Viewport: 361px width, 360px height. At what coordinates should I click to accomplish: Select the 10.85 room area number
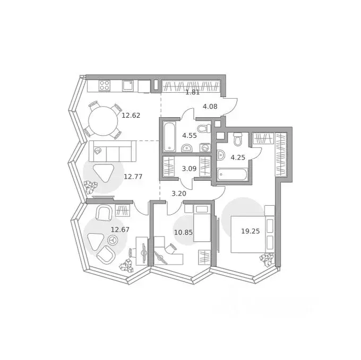[183, 232]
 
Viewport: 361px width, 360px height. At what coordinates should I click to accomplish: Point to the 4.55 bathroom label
[190, 135]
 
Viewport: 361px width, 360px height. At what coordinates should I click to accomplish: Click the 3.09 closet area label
[190, 169]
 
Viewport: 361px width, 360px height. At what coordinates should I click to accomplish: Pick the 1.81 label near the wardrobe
[193, 92]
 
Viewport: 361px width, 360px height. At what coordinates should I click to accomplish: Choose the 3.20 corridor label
[179, 194]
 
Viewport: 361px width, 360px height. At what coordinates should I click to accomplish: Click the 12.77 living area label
[133, 177]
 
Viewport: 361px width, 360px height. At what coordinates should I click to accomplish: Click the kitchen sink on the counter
[128, 85]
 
